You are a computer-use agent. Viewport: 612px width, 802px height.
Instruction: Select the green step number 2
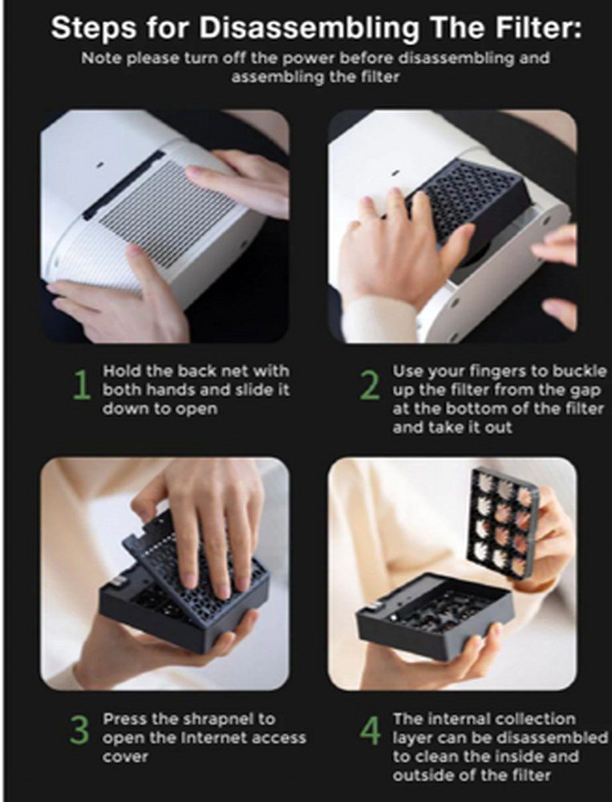click(370, 385)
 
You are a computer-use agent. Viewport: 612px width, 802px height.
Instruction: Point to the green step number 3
click(79, 731)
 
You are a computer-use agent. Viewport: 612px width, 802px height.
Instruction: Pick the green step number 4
click(370, 731)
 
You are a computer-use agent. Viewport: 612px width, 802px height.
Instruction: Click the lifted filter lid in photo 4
click(503, 523)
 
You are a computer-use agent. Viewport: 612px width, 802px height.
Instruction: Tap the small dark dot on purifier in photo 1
click(99, 164)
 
